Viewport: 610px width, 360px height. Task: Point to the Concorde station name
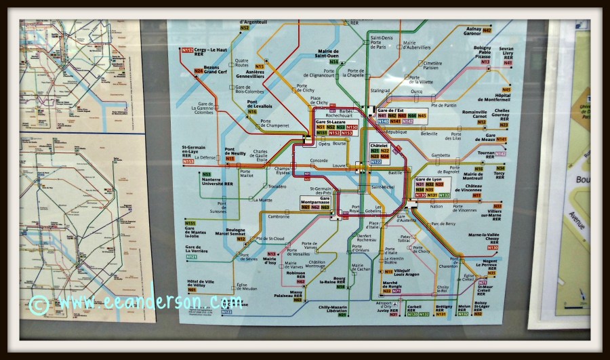click(319, 161)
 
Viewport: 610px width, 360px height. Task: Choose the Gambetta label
click(440, 155)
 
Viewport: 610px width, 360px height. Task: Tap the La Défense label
click(205, 157)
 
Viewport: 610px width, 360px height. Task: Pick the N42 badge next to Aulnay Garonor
click(506, 31)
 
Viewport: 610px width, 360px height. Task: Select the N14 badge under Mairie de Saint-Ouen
click(333, 61)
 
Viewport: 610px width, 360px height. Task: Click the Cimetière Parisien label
click(432, 65)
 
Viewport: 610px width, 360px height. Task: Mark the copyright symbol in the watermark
click(38, 305)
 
